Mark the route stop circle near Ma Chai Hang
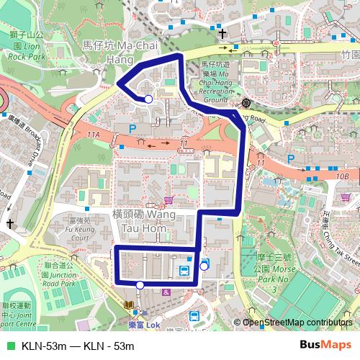pos(148,99)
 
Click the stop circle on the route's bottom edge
pos(140,285)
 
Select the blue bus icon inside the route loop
pos(184,271)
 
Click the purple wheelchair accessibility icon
pos(166,292)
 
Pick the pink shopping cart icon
pos(168,200)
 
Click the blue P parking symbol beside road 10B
pos(291,159)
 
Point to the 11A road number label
pos(93,135)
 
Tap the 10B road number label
pos(341,176)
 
